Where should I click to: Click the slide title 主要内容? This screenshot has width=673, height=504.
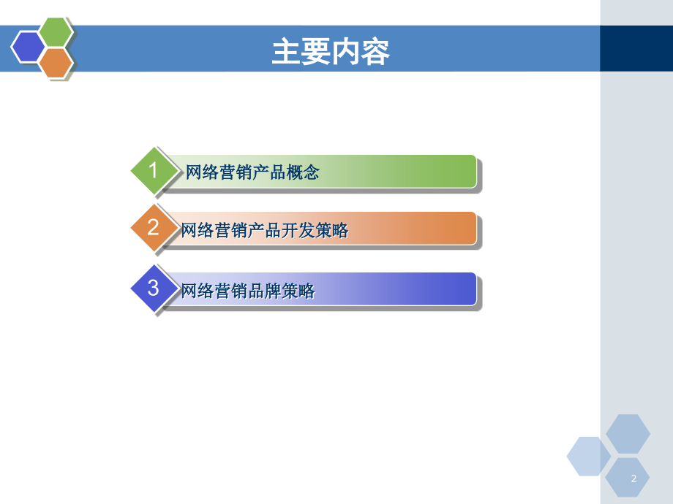330,52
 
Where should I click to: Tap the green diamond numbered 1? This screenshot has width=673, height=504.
154,171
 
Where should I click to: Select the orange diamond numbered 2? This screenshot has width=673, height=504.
154,228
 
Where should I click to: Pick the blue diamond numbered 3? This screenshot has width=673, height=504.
154,289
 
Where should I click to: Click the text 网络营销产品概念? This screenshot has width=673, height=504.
252,173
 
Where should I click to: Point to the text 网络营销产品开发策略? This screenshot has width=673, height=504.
265,231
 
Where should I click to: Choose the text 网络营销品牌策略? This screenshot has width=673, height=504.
248,291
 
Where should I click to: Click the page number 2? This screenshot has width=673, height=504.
633,478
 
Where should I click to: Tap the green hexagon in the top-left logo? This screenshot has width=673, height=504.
56,31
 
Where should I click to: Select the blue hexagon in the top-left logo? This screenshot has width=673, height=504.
29,47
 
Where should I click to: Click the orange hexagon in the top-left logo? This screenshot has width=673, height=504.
56,63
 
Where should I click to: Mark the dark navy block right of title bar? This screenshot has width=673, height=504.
636,48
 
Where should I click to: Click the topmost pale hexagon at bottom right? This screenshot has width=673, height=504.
628,434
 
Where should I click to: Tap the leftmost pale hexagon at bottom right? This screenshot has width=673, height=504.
588,456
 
